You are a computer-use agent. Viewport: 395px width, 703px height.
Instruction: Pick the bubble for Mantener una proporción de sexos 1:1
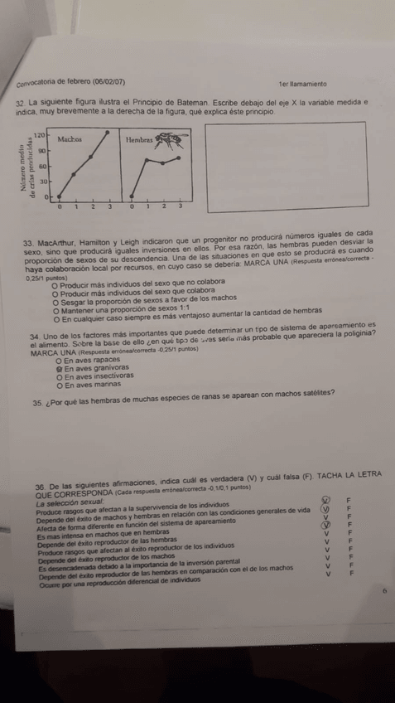pyautogui.click(x=55, y=311)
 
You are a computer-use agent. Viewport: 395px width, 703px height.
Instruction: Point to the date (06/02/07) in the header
pyautogui.click(x=109, y=81)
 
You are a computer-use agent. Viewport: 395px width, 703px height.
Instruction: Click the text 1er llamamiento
pyautogui.click(x=303, y=84)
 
